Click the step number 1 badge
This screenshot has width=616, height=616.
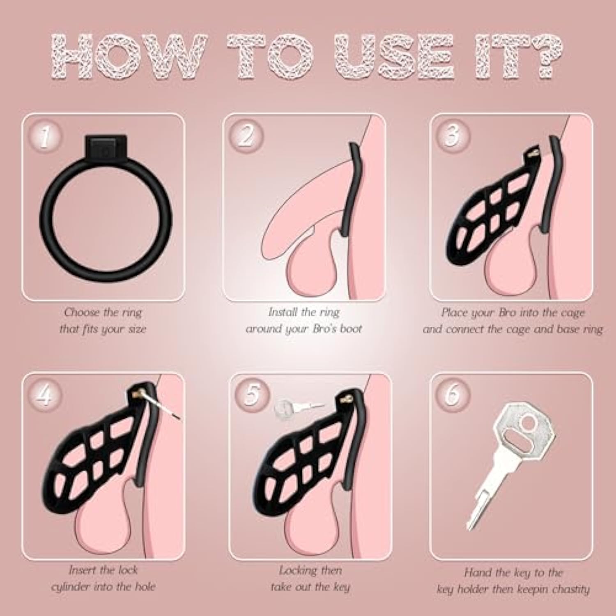click(x=45, y=137)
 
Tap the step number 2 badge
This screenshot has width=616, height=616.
click(x=246, y=135)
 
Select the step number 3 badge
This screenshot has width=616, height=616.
click(x=453, y=135)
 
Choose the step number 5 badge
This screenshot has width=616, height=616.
click(x=252, y=394)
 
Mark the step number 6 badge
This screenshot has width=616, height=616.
click(x=453, y=394)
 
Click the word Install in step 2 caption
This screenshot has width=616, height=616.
click(x=283, y=312)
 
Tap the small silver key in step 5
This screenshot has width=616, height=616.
click(x=299, y=407)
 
